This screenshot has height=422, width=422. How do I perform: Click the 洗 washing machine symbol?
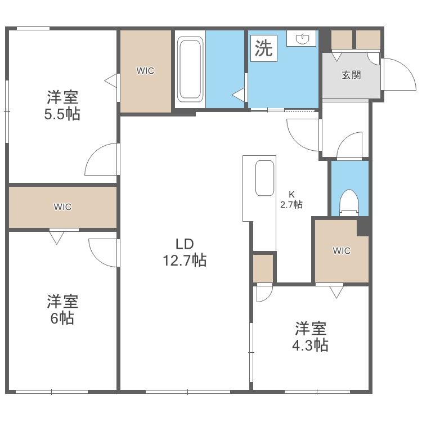pos(263,48)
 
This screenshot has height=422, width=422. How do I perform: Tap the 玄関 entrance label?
pos(351,75)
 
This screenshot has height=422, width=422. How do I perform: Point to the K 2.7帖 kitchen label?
pos(291,200)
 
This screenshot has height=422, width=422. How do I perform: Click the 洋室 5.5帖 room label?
pos(62,105)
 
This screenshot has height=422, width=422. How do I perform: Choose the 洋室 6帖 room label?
pos(62,309)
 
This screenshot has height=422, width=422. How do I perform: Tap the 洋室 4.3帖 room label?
pos(311,336)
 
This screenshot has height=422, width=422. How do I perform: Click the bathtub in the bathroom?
pos(190,68)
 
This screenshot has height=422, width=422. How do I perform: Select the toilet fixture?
pos(349,201)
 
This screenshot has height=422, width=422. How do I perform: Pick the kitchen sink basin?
pos(264,178)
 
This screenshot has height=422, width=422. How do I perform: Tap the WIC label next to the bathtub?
pos(145,71)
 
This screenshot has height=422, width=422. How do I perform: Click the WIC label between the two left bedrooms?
pos(62,206)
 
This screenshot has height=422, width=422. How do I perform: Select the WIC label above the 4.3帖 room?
pos(342,251)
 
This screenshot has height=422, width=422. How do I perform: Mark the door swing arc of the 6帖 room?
pos(102,252)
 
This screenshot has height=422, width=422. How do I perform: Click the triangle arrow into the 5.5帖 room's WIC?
pos(111,80)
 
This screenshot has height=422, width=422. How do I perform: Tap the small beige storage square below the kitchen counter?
pos(263,268)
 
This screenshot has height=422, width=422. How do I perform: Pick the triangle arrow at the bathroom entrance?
pos(239,95)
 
